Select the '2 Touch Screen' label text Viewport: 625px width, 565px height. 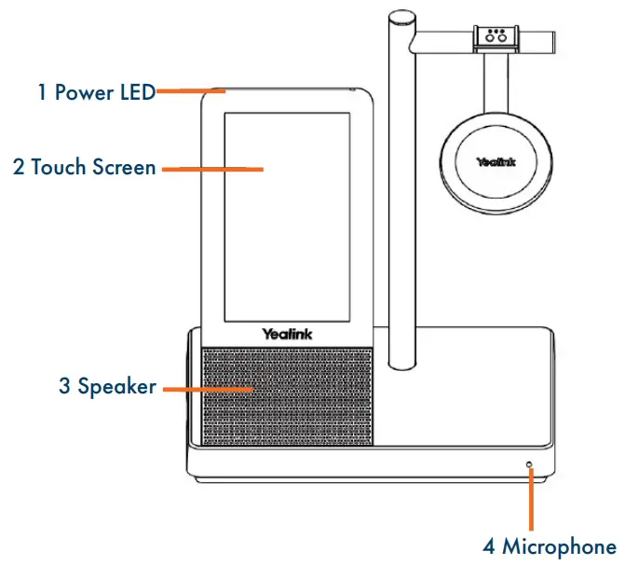(84, 168)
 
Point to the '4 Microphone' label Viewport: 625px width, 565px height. (549, 545)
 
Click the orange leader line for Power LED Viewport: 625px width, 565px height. (191, 91)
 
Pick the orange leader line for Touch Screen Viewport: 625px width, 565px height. (212, 169)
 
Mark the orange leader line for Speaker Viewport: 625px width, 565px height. (206, 386)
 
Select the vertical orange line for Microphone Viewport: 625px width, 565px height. (530, 499)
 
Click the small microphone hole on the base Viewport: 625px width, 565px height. (530, 463)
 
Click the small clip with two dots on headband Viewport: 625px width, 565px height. (496, 37)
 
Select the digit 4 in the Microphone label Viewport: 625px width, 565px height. (487, 545)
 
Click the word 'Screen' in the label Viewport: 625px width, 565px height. (123, 168)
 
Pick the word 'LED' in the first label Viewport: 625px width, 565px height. (134, 92)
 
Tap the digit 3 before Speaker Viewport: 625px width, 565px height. (64, 385)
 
